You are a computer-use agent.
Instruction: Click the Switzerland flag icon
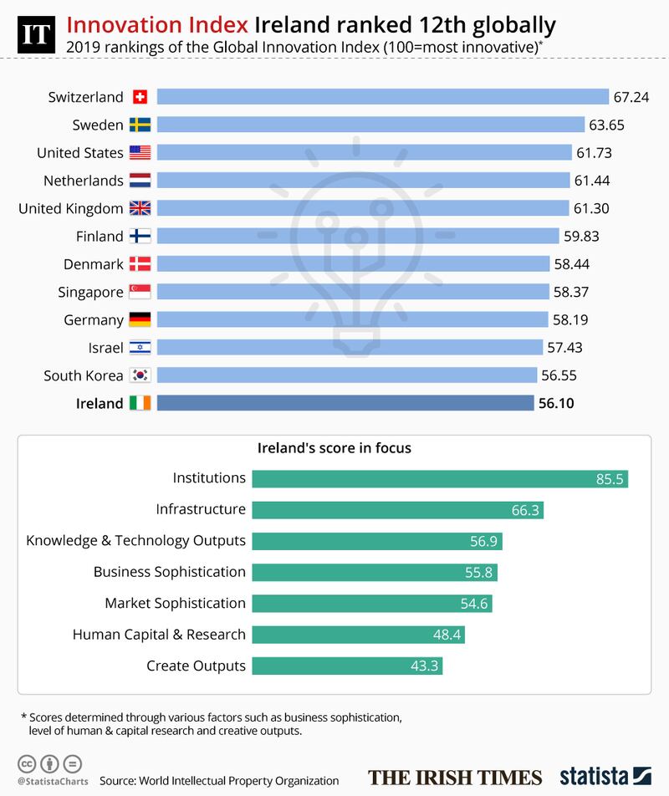pos(140,97)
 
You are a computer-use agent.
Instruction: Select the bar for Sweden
pos(370,125)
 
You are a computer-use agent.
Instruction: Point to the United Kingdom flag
pos(140,208)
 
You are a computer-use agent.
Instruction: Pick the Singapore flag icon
pos(140,292)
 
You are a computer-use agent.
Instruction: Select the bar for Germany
pos(352,319)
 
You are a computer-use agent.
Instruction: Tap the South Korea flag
pos(140,375)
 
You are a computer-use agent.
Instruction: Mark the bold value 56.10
pos(556,403)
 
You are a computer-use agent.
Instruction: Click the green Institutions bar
pos(439,479)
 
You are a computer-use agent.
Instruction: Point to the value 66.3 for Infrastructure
pos(524,510)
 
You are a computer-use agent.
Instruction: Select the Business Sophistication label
pos(170,572)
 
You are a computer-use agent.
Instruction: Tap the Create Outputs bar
pos(346,666)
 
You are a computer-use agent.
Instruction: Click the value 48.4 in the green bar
pos(447,635)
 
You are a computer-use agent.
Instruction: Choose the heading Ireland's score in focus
pos(334,447)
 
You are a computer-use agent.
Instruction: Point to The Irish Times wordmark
pos(455,776)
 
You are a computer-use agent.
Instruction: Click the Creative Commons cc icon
pos(27,763)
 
